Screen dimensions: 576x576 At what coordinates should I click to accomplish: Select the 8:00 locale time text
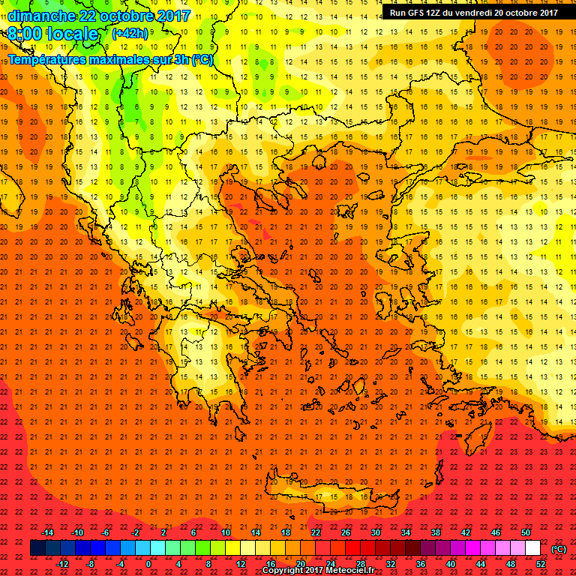(x=54, y=34)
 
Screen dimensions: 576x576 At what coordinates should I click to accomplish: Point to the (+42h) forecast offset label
(x=130, y=33)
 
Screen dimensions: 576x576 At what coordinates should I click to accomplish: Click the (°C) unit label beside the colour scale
(x=559, y=549)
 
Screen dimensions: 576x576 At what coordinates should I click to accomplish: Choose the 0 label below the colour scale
(x=148, y=563)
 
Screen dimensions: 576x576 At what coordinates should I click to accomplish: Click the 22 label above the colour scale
(x=316, y=532)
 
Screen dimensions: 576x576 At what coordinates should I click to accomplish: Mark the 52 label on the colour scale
(x=541, y=563)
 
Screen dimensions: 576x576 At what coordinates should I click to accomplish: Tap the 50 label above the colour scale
(x=526, y=532)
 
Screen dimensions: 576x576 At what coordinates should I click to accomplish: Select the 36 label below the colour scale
(x=421, y=563)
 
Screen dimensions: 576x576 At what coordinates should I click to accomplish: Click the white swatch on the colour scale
(x=533, y=548)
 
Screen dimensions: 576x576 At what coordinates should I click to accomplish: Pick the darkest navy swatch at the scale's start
(x=37, y=548)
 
